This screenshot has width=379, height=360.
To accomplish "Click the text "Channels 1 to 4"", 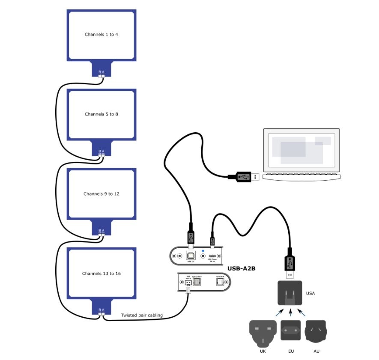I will [x=101, y=35].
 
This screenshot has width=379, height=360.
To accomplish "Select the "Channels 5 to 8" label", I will [x=101, y=114].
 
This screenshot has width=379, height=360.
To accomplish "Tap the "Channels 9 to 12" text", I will [x=101, y=194].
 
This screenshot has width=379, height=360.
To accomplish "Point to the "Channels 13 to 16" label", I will [x=101, y=274].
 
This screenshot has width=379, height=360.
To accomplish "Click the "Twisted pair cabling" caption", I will [x=142, y=315].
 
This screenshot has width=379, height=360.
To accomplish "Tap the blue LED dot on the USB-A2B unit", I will [x=203, y=251].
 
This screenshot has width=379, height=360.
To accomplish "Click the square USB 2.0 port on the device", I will [x=191, y=256].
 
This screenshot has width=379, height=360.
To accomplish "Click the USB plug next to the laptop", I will [x=243, y=176].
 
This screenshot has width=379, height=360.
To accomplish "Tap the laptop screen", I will [x=301, y=149].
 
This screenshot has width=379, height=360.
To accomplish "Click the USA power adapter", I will [x=290, y=293].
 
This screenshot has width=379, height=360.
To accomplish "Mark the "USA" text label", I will [x=310, y=294].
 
